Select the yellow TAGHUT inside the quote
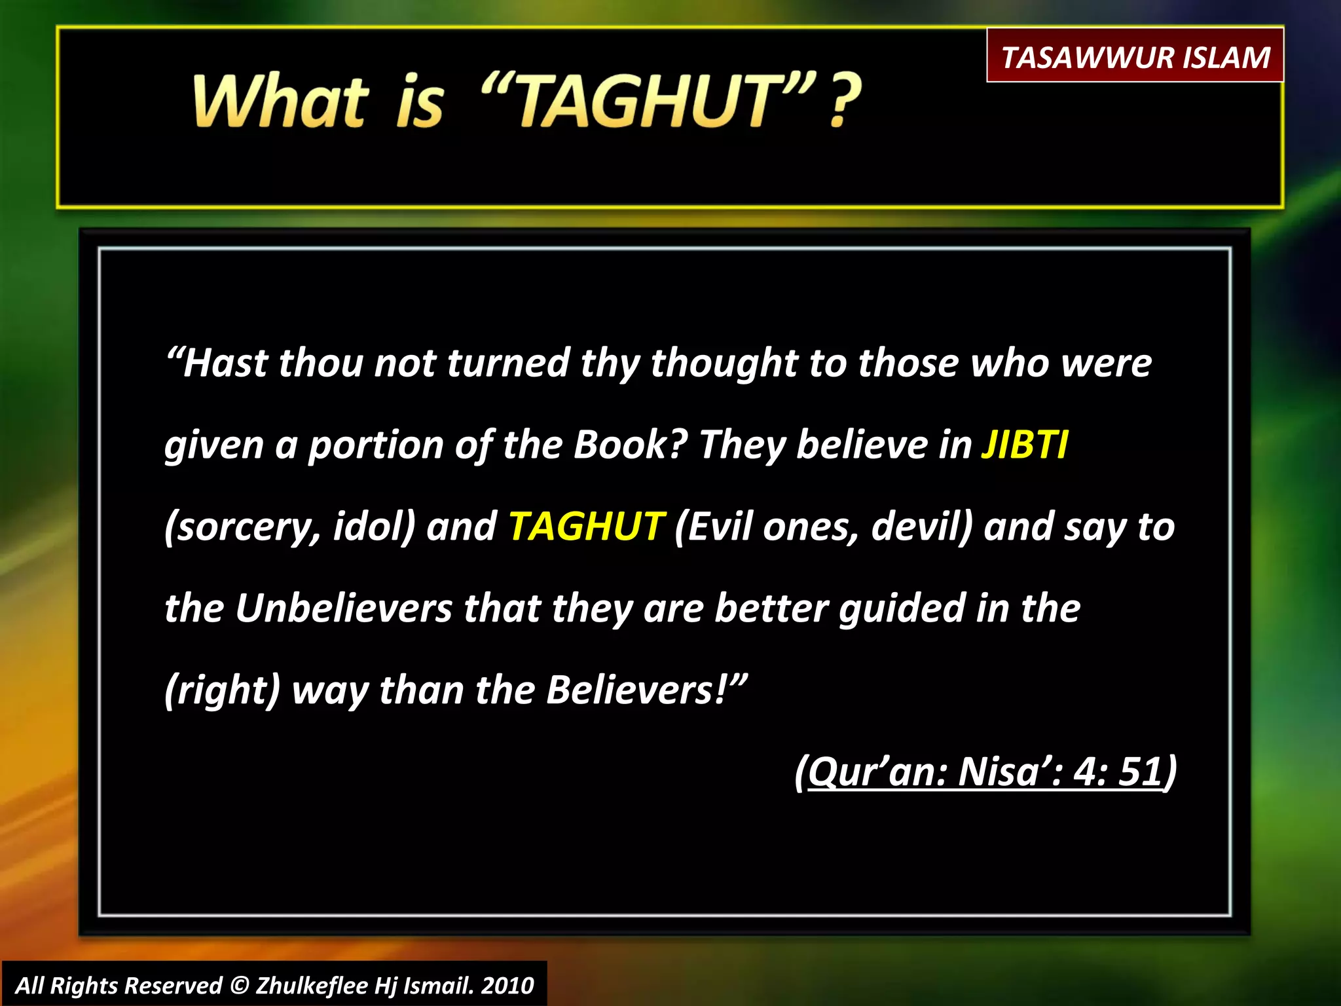point(587,527)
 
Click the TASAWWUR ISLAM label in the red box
point(1135,57)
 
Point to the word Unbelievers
point(344,608)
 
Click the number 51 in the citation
point(1140,772)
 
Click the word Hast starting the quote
point(225,363)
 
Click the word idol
point(373,527)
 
